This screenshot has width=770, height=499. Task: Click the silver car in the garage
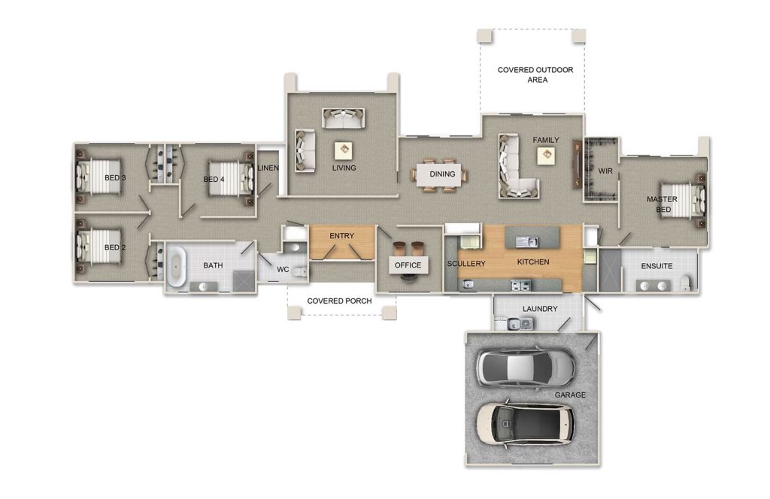coord(526,366)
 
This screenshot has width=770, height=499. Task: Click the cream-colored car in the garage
coord(524,423)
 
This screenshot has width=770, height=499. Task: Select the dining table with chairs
coord(441,174)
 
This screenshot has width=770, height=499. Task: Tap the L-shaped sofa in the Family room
coord(515,168)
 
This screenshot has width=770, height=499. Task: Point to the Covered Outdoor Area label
coord(535,74)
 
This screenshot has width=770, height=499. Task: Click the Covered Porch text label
coord(341,301)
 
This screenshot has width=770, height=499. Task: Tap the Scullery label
coord(466,263)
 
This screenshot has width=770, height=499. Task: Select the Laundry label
coord(539,309)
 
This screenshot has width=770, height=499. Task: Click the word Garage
coord(570,395)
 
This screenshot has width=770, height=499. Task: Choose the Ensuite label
coord(656,266)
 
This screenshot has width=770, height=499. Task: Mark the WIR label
coord(605,171)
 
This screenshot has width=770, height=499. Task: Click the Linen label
coord(268,168)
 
